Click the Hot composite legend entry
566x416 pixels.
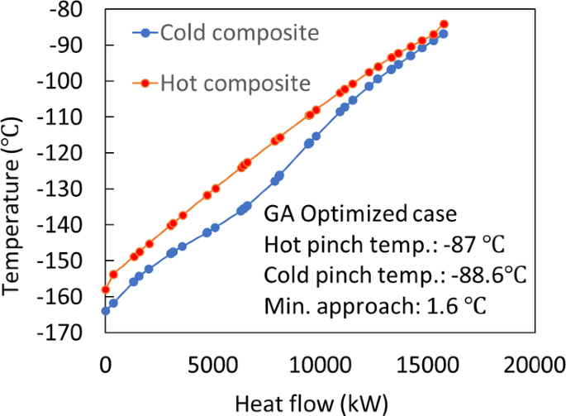[223, 83]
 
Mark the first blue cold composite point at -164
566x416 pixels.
[105, 311]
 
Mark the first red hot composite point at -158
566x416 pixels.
[105, 289]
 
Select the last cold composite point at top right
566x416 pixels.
[443, 33]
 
